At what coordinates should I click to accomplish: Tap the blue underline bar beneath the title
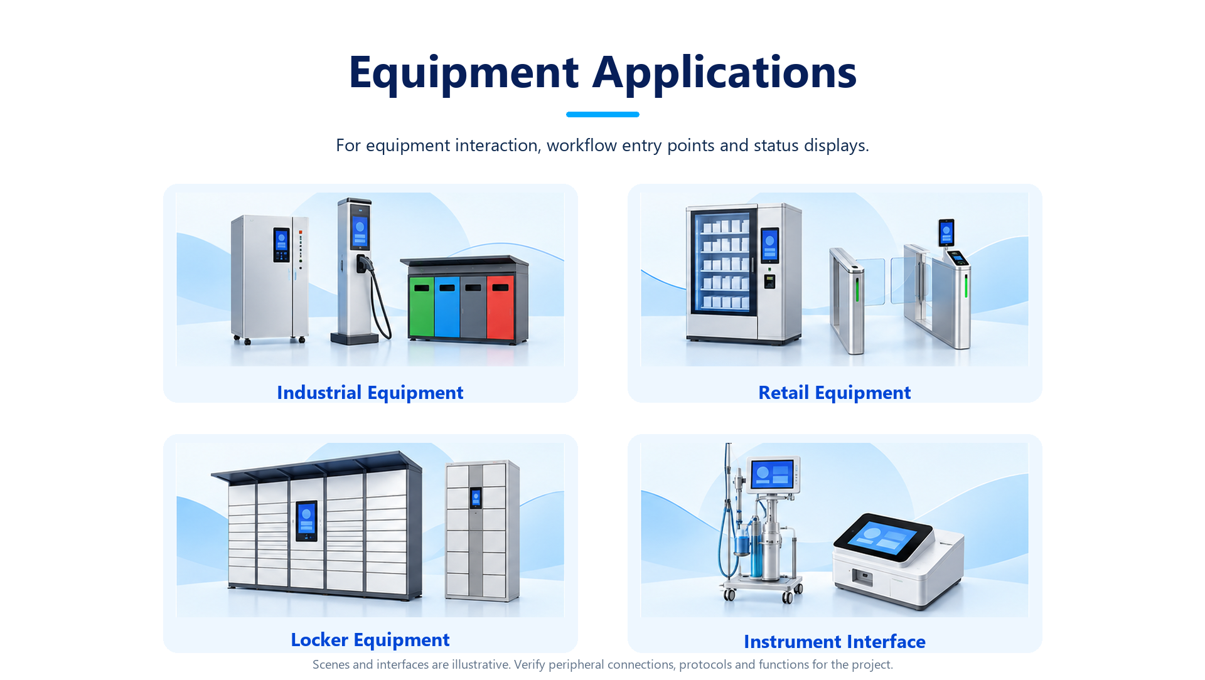602,114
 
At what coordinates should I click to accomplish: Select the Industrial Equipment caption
370,393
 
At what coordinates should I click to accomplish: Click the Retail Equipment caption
835,393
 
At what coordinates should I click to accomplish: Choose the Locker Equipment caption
370,640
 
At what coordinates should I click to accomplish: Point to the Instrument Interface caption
835,642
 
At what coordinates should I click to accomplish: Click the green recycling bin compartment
421,307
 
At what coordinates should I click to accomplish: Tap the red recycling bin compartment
500,307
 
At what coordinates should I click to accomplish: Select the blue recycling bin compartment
447,307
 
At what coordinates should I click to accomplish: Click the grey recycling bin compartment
473,307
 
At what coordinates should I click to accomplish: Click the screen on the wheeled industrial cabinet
281,245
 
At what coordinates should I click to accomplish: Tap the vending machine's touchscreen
769,245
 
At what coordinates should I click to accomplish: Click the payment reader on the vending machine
769,281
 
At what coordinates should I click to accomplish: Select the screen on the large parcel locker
306,521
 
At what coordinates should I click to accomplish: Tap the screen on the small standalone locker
476,498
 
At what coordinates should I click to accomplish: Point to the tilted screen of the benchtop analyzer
882,538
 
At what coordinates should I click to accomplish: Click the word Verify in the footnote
529,664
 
